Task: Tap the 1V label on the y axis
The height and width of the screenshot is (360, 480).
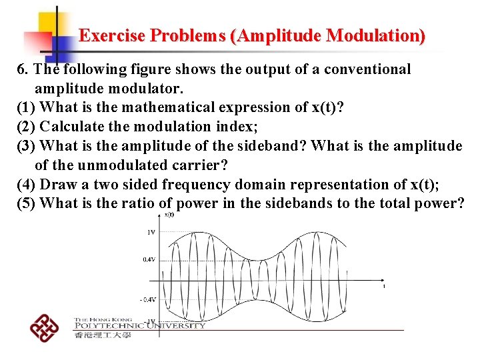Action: pyautogui.click(x=151, y=232)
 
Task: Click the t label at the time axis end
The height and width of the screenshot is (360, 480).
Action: pyautogui.click(x=384, y=286)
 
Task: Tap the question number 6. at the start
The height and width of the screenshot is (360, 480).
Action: pyautogui.click(x=23, y=69)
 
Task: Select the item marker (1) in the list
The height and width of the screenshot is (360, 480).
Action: pyautogui.click(x=27, y=107)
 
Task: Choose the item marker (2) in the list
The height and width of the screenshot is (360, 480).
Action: pyautogui.click(x=27, y=127)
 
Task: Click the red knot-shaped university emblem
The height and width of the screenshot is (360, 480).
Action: pyautogui.click(x=45, y=327)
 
